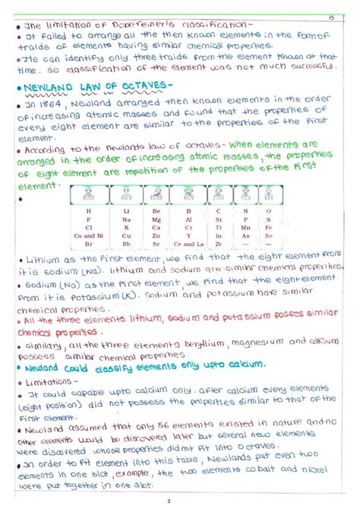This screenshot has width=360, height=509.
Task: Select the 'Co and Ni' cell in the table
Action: point(90,236)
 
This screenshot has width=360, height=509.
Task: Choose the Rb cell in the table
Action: point(126,245)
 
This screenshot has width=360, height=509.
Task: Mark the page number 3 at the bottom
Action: point(180,501)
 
